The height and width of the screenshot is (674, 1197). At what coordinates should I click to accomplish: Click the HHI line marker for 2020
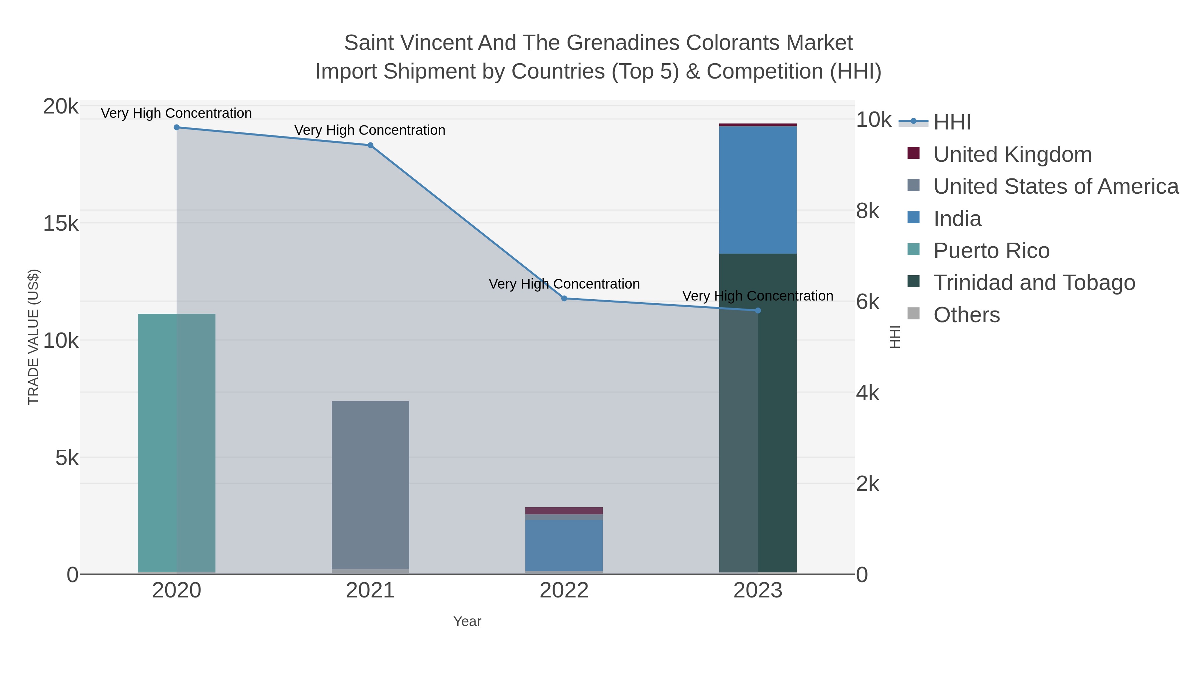click(x=177, y=127)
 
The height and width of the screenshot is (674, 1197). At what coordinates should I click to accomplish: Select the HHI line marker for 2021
click(x=370, y=145)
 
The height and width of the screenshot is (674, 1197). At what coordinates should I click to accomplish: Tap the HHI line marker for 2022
click(x=564, y=299)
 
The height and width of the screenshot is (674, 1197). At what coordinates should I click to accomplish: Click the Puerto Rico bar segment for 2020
click(x=177, y=442)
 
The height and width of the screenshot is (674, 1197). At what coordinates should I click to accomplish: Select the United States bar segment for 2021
click(x=370, y=484)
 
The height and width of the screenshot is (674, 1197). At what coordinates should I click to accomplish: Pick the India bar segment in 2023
click(x=758, y=190)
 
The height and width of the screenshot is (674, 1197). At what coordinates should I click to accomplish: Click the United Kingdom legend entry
click(x=1012, y=154)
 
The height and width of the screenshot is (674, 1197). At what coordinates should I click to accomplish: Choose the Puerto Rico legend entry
click(x=991, y=251)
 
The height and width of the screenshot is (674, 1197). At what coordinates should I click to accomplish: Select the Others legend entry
click(x=967, y=315)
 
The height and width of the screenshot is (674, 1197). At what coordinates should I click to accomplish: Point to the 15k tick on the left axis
click(x=61, y=224)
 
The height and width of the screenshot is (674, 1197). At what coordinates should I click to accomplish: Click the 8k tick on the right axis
click(x=867, y=211)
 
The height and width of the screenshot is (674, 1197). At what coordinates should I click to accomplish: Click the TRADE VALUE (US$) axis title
click(x=34, y=337)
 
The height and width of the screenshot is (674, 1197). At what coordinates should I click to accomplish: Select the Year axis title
click(x=467, y=621)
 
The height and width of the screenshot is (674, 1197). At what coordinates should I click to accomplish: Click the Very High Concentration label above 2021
click(x=370, y=130)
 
